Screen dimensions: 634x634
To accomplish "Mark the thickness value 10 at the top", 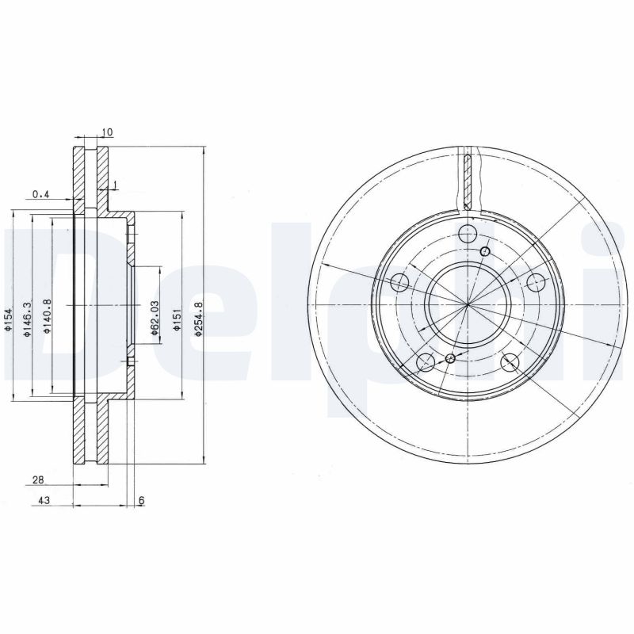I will coord(108,132).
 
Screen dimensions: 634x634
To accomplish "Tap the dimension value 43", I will coord(44,500).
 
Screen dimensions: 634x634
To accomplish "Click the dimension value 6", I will coord(142,500).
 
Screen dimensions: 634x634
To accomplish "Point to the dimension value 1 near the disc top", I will coord(116,185).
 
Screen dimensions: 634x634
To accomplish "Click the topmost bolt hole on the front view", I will coord(468,234).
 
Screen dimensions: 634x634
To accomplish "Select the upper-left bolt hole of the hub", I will coord(401,283).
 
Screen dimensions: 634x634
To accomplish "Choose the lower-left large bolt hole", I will coord(426,363).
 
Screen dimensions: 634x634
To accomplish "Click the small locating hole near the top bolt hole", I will coord(486,252).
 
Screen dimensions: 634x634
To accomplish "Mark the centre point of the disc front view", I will coord(468,305).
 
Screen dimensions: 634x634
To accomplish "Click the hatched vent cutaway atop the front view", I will coord(469,178).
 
